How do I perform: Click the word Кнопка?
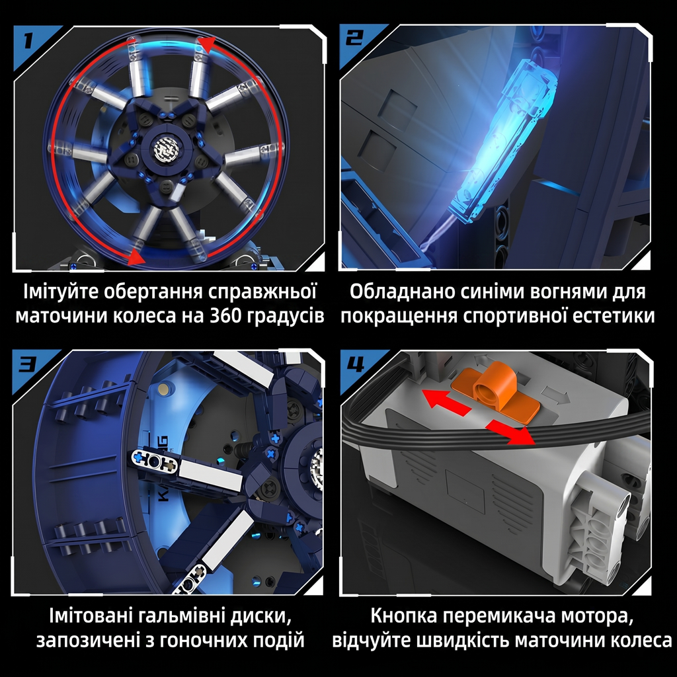pos(404,616)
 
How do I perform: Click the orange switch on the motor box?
pos(495,391)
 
